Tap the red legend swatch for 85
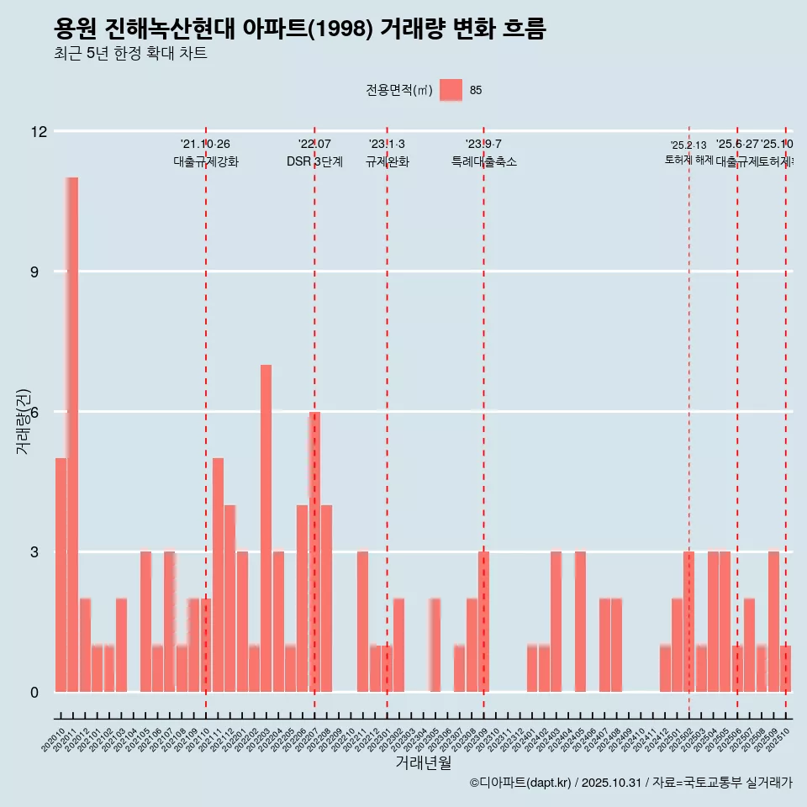pyautogui.click(x=451, y=90)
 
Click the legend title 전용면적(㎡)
pyautogui.click(x=398, y=91)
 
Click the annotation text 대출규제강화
pyautogui.click(x=206, y=162)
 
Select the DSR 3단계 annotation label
pyautogui.click(x=314, y=162)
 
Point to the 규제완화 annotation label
pyautogui.click(x=387, y=162)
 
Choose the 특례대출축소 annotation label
pyautogui.click(x=483, y=162)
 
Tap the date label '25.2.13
pyautogui.click(x=688, y=145)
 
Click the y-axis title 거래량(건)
pyautogui.click(x=23, y=421)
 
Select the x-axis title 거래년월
pyautogui.click(x=423, y=763)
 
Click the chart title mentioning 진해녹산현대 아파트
pyautogui.click(x=299, y=29)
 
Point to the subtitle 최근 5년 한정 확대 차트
pyautogui.click(x=130, y=54)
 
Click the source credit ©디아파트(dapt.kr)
pyautogui.click(x=520, y=783)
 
